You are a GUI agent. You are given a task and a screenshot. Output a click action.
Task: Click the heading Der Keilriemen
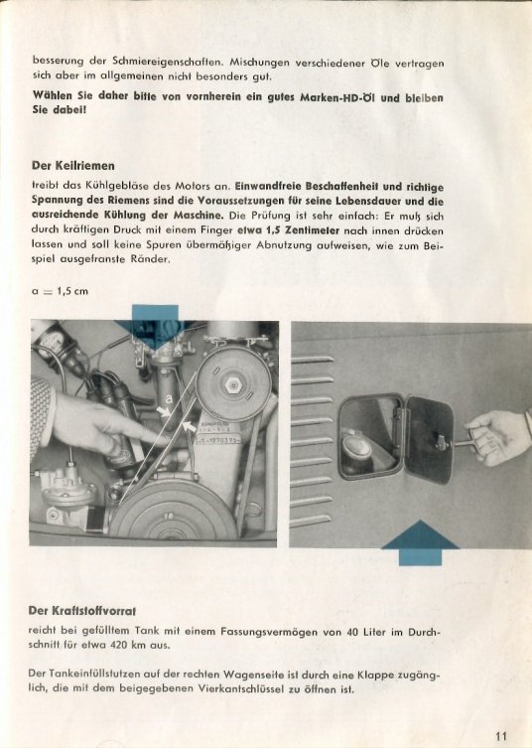tap(72, 166)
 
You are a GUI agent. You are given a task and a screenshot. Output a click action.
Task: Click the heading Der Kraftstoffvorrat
tap(82, 611)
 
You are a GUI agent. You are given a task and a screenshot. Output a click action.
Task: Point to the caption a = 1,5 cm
tap(61, 291)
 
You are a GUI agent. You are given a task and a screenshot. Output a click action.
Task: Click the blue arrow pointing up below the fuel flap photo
tap(420, 542)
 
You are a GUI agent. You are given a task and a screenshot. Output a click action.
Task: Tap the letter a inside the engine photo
tap(169, 398)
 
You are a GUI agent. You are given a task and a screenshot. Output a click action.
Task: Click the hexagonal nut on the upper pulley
tap(232, 384)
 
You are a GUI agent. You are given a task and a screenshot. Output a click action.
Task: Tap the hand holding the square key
tap(496, 437)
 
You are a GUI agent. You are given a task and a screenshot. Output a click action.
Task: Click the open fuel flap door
tap(429, 440)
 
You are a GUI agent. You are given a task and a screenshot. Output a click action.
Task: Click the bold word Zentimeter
tap(313, 230)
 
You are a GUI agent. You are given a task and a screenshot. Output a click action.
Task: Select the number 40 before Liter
tap(352, 632)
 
